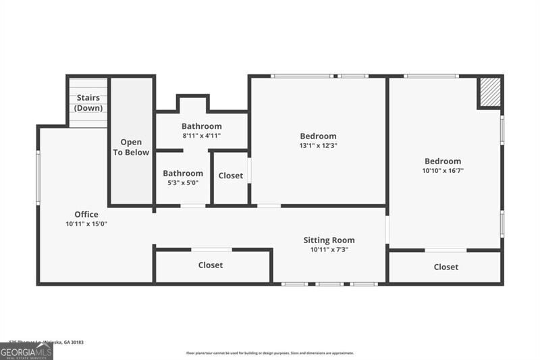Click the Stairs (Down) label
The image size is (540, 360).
click(87, 103)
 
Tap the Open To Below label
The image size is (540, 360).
click(131, 147)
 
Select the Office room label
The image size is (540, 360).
click(86, 215)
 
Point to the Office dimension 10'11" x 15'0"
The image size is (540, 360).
click(86, 224)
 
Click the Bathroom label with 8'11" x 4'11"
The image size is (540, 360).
click(201, 126)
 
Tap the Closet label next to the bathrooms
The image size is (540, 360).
click(230, 176)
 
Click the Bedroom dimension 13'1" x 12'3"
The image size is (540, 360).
click(318, 145)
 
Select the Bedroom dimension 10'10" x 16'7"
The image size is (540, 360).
click(443, 170)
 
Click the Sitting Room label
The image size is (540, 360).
click(329, 240)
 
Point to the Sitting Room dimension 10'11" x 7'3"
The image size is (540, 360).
click(329, 249)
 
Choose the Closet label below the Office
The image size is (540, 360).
click(211, 265)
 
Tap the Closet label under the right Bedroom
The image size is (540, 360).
click(446, 267)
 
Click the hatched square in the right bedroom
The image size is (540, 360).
click(490, 93)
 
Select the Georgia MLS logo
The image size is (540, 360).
click(26, 351)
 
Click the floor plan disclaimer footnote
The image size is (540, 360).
click(270, 353)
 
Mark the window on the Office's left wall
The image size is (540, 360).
click(38, 178)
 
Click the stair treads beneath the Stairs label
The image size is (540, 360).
click(88, 120)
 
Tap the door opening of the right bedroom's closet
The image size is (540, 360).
click(446, 250)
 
